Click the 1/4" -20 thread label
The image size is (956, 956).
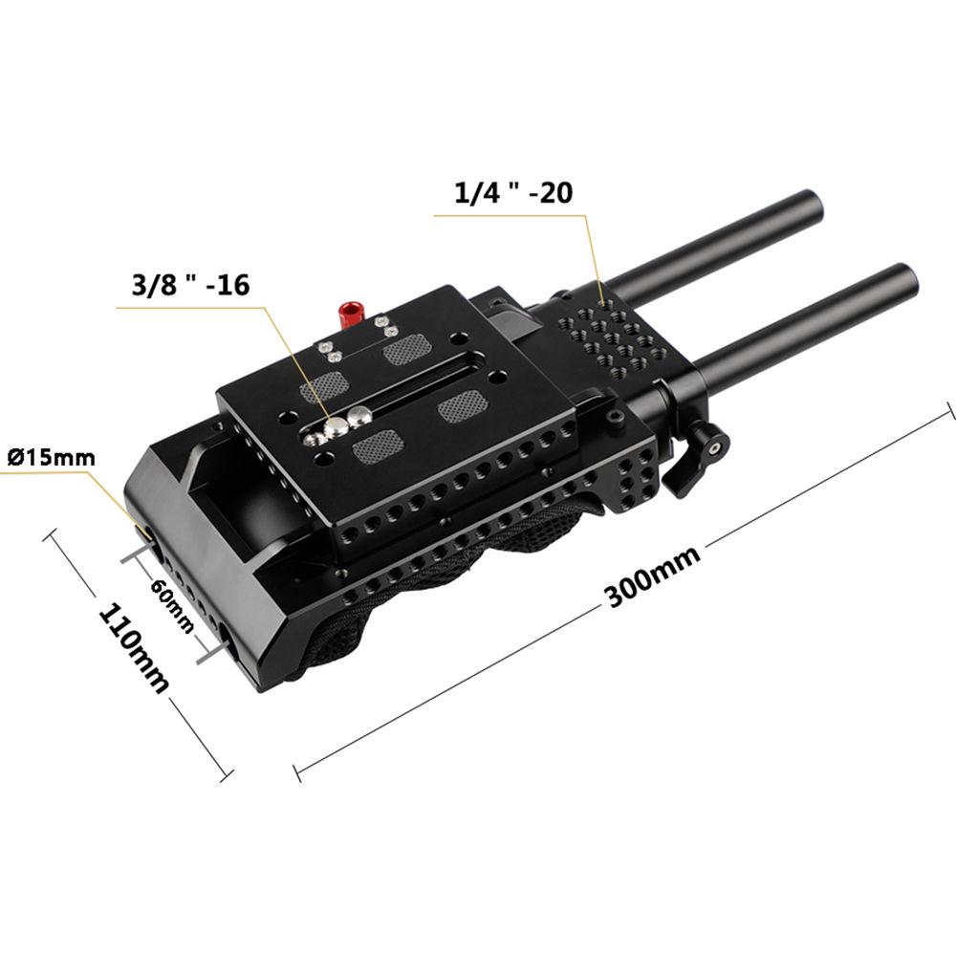[513, 193]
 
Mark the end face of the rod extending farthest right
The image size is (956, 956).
[902, 279]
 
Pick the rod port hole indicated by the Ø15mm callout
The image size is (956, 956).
[145, 532]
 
